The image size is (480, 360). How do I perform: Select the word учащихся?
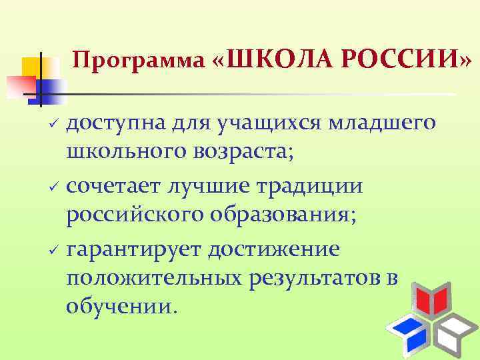[259, 123]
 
